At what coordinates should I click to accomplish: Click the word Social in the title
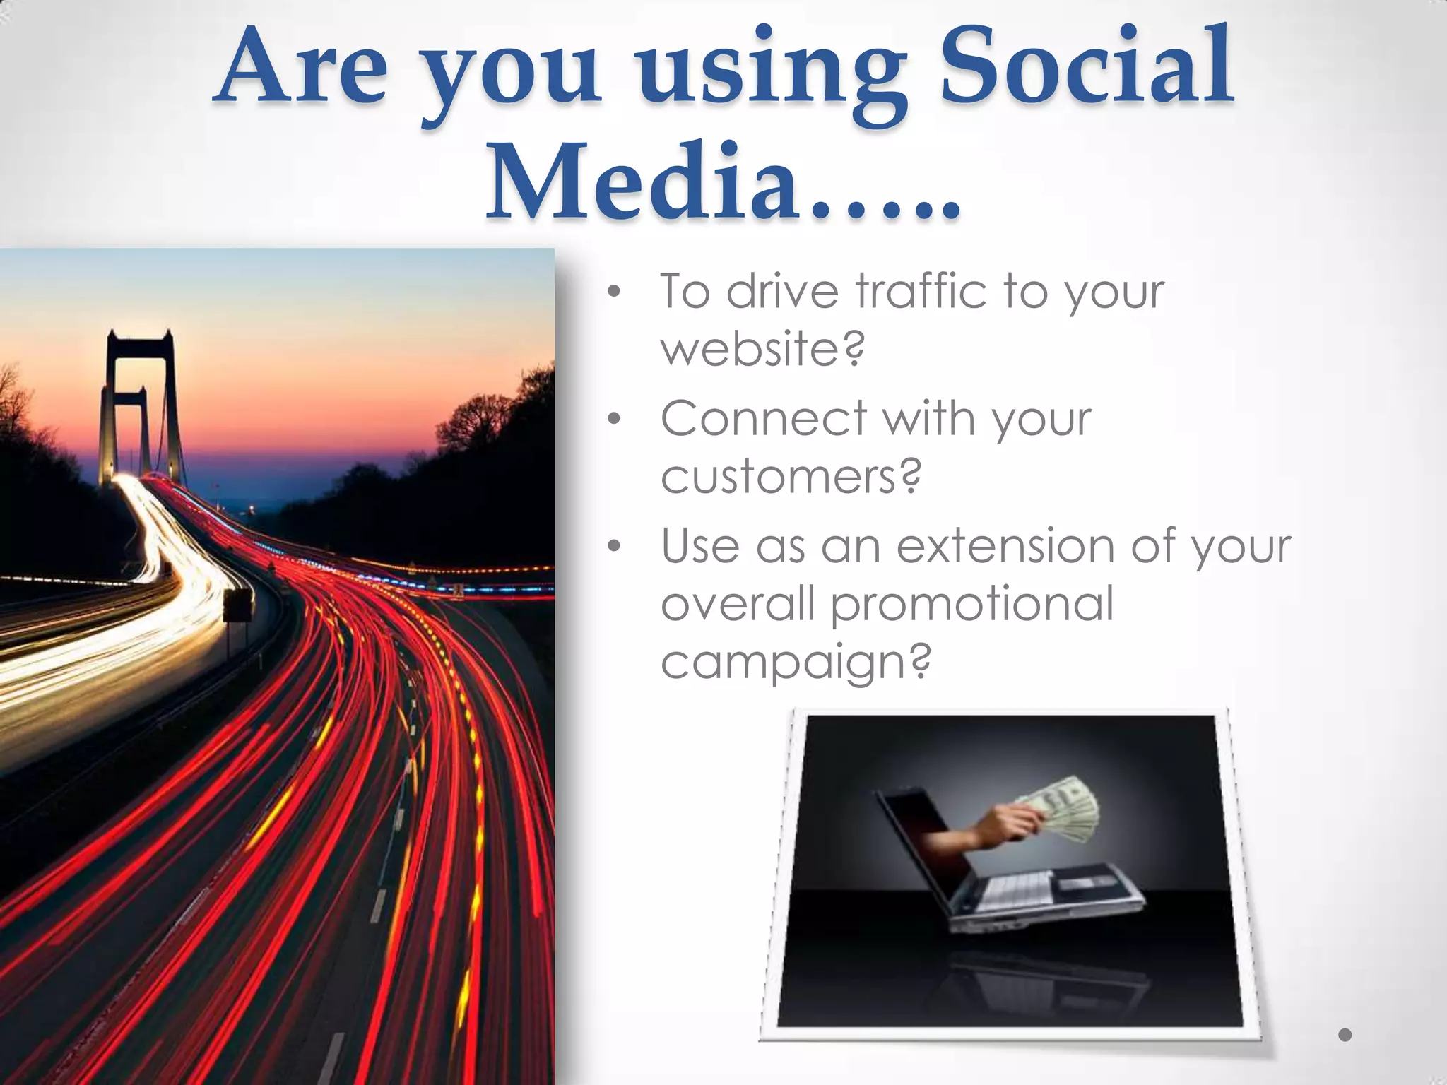[x=1087, y=67]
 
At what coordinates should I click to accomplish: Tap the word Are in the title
[x=304, y=67]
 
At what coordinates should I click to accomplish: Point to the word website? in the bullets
[x=762, y=349]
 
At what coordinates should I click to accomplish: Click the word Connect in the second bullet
[x=763, y=419]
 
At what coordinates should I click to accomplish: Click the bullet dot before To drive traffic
[x=614, y=291]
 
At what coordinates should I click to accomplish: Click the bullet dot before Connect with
[x=614, y=419]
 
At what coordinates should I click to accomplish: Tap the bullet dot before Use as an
[x=614, y=546]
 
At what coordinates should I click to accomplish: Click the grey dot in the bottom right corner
[x=1345, y=1035]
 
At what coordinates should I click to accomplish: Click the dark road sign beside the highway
[x=239, y=606]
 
